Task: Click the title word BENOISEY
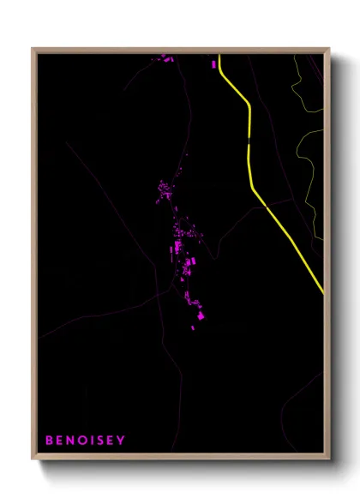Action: coord(85,441)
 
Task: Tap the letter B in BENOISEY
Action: coord(49,441)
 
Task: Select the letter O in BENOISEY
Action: coord(81,441)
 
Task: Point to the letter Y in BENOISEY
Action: coord(121,441)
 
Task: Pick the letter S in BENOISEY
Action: coord(99,441)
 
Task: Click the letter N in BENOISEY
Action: coord(70,441)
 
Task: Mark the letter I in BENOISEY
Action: coord(91,441)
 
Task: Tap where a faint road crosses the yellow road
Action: coord(267,207)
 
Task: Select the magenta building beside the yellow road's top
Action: coord(213,63)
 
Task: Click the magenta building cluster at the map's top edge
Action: coord(164,58)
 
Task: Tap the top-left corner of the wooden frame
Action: coord(33,50)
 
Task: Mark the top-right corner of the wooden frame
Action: coord(328,50)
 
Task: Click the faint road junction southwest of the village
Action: coord(159,292)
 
